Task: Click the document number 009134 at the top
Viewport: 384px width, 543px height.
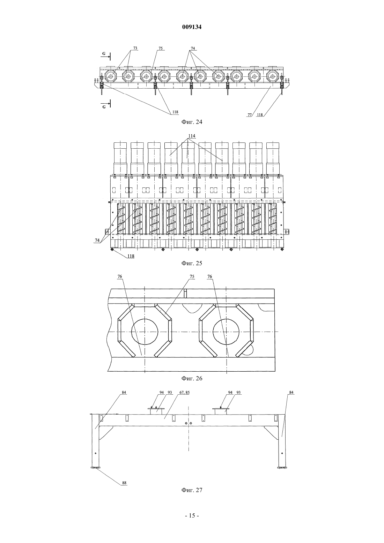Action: coord(192,27)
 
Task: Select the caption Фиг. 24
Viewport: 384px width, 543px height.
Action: coord(192,122)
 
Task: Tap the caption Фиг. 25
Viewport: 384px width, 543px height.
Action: coord(192,263)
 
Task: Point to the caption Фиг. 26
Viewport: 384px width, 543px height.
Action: coord(192,378)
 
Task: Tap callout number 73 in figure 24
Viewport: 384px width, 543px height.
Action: coord(135,48)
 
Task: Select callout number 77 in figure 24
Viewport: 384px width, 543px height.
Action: coord(250,115)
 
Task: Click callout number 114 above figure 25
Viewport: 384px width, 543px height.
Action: coord(192,136)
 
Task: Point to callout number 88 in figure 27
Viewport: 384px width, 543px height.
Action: coord(124,483)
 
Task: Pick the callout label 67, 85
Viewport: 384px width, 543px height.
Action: coord(184,393)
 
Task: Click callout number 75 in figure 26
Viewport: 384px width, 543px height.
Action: coord(192,277)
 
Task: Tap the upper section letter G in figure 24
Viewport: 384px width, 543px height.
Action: coord(104,54)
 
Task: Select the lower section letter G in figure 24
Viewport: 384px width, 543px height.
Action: coord(104,107)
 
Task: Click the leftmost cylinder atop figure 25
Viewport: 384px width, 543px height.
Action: coord(120,158)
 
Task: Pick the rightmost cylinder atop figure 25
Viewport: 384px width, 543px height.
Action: coord(273,158)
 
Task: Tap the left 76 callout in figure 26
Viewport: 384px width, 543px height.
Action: coord(120,277)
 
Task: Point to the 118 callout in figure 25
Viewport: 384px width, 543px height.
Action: coord(131,256)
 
